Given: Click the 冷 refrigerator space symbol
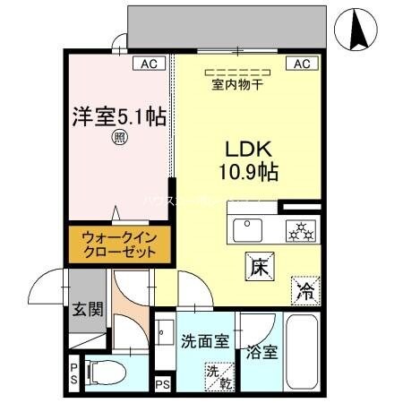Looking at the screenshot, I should pyautogui.click(x=305, y=292).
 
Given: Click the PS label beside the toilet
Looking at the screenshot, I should pyautogui.click(x=73, y=371).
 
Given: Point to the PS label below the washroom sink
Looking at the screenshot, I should pyautogui.click(x=162, y=385).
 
